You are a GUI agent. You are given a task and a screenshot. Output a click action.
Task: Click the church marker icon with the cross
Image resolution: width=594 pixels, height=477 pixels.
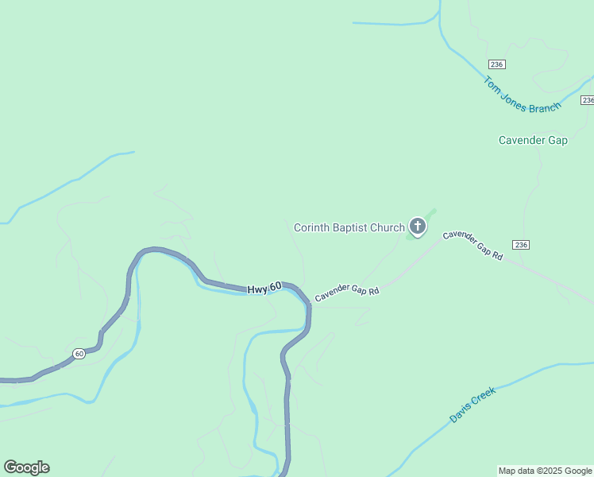(417, 227)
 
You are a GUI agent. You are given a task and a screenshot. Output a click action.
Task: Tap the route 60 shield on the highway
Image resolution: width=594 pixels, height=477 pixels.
(79, 353)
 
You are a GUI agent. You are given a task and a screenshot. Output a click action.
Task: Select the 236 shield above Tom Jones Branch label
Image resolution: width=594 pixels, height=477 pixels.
(497, 64)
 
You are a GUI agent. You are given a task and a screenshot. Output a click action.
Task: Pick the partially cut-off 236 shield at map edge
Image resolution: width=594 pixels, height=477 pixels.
(588, 100)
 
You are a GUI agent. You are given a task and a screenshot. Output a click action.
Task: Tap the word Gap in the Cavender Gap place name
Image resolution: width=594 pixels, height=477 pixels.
(558, 141)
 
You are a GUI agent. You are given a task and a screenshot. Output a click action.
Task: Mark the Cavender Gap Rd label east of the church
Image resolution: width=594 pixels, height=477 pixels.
(473, 245)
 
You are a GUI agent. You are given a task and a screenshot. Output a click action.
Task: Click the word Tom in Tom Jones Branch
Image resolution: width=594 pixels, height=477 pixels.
(492, 84)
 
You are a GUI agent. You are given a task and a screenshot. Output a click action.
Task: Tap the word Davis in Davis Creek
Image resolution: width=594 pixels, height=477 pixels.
(461, 411)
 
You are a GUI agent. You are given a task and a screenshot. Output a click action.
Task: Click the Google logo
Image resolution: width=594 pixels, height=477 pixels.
(26, 467)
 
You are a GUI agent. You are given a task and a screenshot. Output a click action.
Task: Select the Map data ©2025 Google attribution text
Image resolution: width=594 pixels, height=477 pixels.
(546, 471)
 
